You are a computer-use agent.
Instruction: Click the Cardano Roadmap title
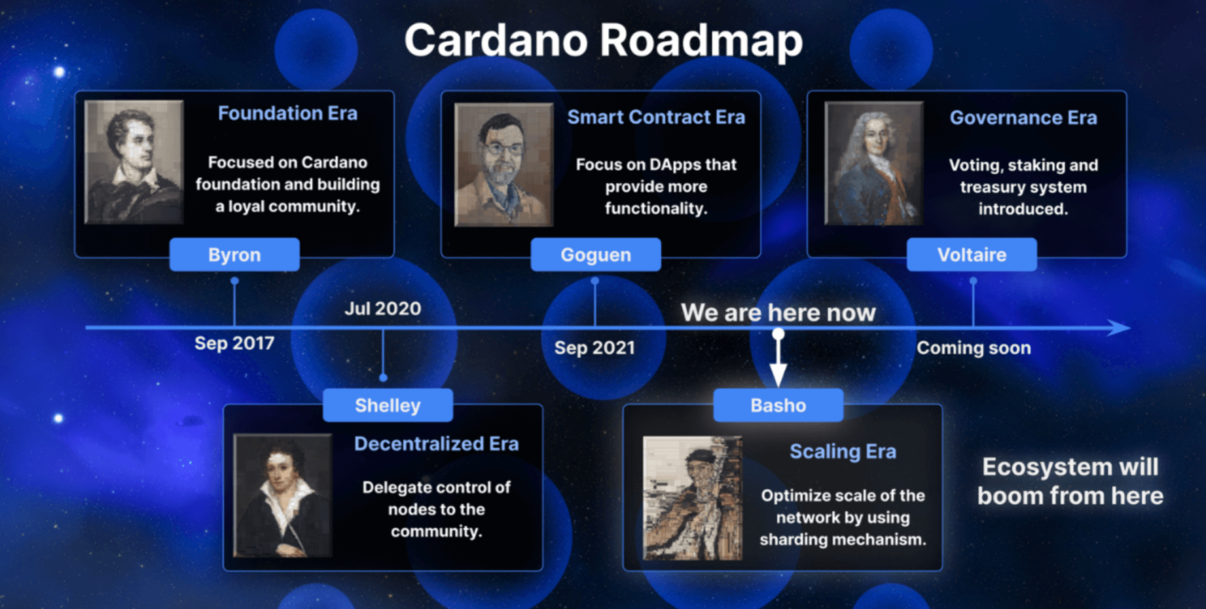603,40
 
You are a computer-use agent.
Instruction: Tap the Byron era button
234,255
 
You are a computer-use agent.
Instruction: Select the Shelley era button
388,405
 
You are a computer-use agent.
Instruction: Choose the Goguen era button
596,255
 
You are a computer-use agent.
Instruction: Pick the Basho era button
778,405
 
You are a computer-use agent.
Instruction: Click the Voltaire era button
972,255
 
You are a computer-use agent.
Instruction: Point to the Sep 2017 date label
234,343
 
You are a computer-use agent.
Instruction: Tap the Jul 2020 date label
383,308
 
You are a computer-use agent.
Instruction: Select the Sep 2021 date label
594,348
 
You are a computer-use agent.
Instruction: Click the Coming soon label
974,348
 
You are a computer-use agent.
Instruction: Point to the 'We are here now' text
778,312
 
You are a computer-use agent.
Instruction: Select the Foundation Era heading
287,113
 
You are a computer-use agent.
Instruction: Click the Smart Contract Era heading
656,117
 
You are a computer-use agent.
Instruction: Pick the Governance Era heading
1023,118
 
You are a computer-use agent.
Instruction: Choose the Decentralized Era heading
436,444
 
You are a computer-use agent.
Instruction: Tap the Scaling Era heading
843,452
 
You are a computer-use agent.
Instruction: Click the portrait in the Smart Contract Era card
503,164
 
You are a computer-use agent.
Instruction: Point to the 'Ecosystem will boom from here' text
1070,481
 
